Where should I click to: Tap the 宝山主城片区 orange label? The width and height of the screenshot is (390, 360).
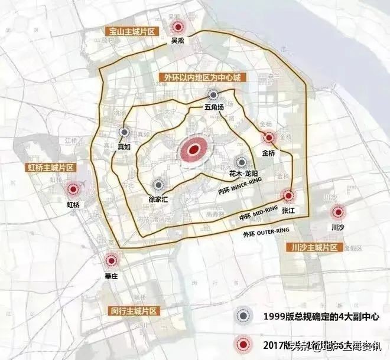point(131,31)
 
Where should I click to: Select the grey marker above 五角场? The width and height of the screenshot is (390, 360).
point(213,94)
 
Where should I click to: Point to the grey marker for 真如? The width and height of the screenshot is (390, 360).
point(124,133)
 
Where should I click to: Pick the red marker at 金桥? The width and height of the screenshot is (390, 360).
point(269,138)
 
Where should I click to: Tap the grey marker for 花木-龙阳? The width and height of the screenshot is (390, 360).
point(241,162)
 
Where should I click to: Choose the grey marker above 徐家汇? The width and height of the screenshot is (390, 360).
point(157,185)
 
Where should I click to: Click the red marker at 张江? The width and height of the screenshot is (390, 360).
point(288,196)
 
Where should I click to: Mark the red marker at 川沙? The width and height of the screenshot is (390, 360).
point(338,212)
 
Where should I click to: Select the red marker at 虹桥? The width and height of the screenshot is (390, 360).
point(74,189)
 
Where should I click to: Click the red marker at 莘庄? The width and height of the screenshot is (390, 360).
point(110,260)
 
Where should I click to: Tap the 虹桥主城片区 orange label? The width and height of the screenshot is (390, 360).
point(50,167)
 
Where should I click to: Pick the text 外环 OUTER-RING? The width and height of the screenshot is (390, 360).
point(266,232)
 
